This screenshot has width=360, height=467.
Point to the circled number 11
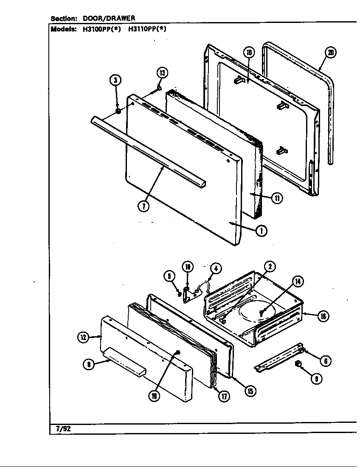click(276, 198)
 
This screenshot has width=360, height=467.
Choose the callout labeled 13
click(162, 72)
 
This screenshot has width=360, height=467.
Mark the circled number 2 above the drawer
click(269, 267)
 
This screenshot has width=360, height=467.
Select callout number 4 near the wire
click(216, 268)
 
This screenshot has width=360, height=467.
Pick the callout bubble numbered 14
click(298, 281)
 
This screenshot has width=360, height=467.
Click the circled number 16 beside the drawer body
click(323, 316)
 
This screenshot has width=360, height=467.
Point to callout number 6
click(325, 361)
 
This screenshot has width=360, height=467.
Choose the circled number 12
click(83, 338)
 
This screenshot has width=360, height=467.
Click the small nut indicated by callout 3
click(118, 111)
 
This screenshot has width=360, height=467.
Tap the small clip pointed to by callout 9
click(298, 364)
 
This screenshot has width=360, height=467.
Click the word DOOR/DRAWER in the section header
click(108, 18)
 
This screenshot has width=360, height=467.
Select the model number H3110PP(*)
click(147, 29)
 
